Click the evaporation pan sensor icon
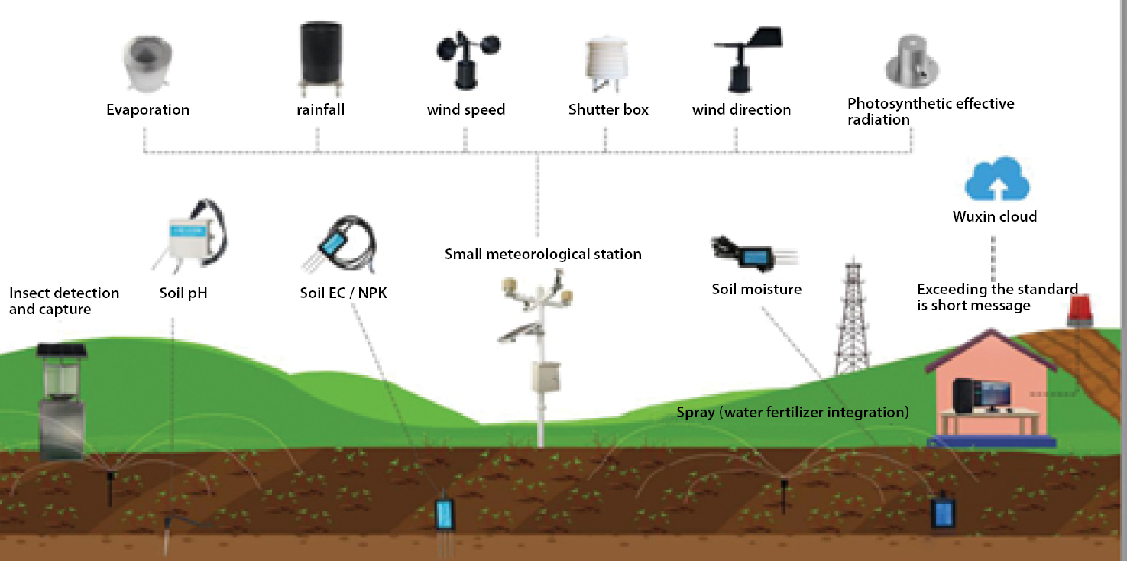(148, 63)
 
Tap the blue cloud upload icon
(998, 180)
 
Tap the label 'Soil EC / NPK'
(343, 293)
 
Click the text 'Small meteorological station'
(542, 254)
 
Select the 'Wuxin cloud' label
(994, 216)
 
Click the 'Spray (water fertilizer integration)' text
(792, 413)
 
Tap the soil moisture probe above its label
(752, 253)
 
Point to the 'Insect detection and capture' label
(64, 301)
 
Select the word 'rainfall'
(320, 110)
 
